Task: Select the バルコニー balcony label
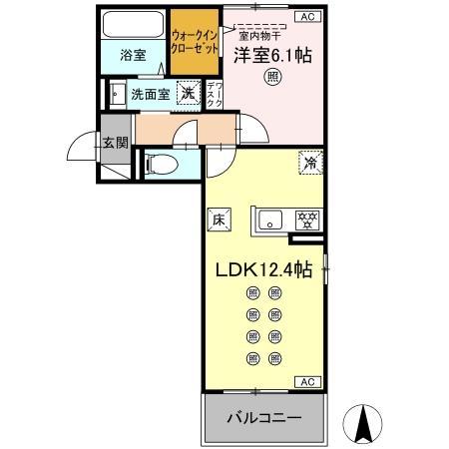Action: [x=264, y=416]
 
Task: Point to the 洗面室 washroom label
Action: [x=150, y=95]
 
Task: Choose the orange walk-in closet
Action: [x=195, y=43]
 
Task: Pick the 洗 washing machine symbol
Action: [x=187, y=94]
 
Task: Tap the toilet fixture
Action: [x=163, y=163]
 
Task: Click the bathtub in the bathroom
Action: [x=134, y=26]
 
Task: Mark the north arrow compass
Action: [x=366, y=424]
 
